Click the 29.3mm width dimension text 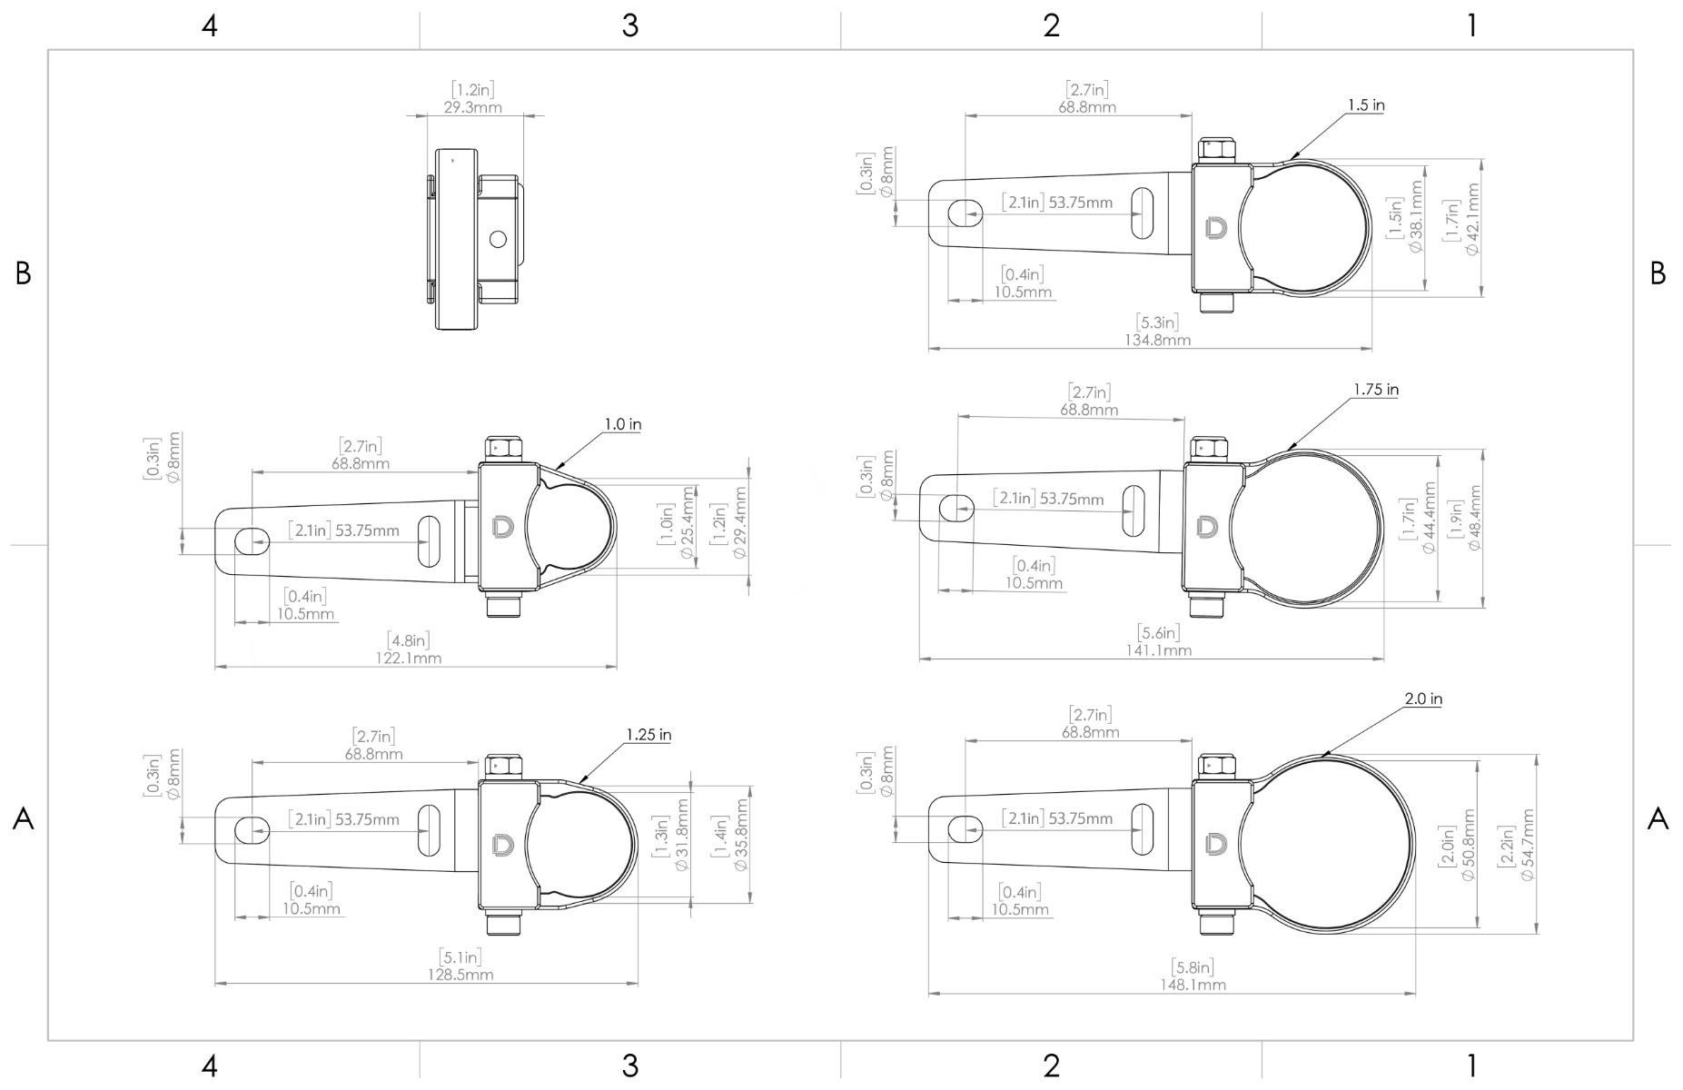472,107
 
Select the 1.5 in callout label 1366,105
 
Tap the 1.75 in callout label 1375,390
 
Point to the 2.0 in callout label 1422,699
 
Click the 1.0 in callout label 622,424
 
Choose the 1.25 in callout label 648,735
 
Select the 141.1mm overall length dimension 1158,649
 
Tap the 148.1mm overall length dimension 1193,985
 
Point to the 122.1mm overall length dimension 409,658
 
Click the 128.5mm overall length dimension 460,975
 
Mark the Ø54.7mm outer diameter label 1527,845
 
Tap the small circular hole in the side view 497,239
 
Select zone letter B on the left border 24,272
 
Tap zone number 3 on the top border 629,26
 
